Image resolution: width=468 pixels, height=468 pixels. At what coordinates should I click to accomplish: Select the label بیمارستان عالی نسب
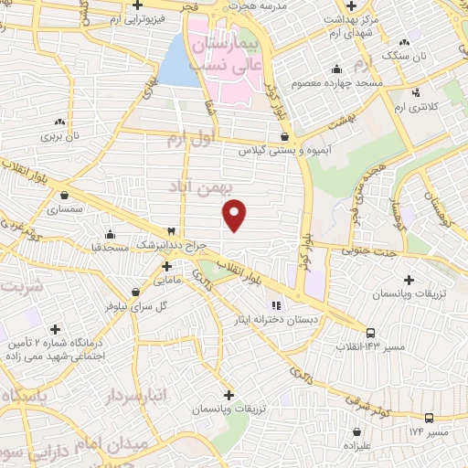click(258, 53)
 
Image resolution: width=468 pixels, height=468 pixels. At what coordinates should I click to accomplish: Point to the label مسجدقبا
click(110, 247)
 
